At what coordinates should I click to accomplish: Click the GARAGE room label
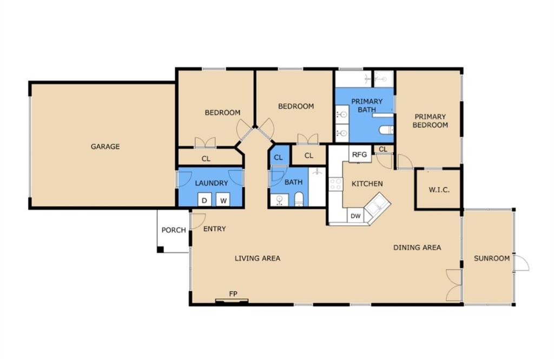105,146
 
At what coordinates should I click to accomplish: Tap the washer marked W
223,200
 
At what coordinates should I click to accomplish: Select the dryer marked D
204,200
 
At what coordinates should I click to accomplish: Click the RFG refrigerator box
360,154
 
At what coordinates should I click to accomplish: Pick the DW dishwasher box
356,216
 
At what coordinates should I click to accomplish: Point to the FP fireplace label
233,293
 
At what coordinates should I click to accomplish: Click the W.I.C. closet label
439,190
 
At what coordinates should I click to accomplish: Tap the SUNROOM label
491,258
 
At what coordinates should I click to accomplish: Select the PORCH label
174,230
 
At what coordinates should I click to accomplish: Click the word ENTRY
214,229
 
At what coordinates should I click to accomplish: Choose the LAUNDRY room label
212,183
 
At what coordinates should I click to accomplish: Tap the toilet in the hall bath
299,199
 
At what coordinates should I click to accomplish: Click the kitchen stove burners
335,184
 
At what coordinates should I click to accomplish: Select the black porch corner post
160,250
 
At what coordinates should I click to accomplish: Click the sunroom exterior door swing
522,263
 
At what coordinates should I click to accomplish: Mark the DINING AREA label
417,248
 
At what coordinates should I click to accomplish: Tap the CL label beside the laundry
206,159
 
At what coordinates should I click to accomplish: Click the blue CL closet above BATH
279,157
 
